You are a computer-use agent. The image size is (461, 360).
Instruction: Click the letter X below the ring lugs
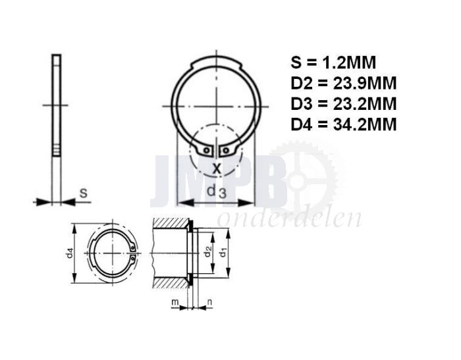pyautogui.click(x=216, y=168)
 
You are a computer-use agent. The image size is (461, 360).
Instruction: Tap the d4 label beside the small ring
pyautogui.click(x=70, y=254)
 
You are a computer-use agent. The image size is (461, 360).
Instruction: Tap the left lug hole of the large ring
pyautogui.click(x=207, y=151)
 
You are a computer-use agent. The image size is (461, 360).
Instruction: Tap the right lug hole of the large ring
pyautogui.click(x=226, y=151)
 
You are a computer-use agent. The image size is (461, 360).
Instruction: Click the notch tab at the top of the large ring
pyautogui.click(x=216, y=62)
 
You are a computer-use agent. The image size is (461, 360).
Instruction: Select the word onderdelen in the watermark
pyautogui.click(x=289, y=218)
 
